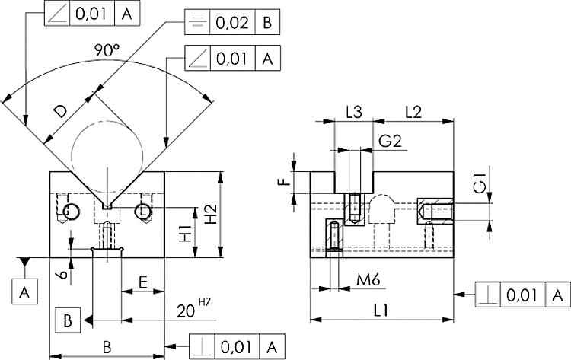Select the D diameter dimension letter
[62, 111]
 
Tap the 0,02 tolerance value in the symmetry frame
[231, 23]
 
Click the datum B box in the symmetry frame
[267, 23]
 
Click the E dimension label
[142, 282]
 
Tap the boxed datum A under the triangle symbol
[25, 291]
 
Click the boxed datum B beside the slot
[68, 320]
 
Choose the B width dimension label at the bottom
[107, 346]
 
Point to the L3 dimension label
[354, 112]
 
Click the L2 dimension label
[414, 112]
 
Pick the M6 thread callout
[369, 281]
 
